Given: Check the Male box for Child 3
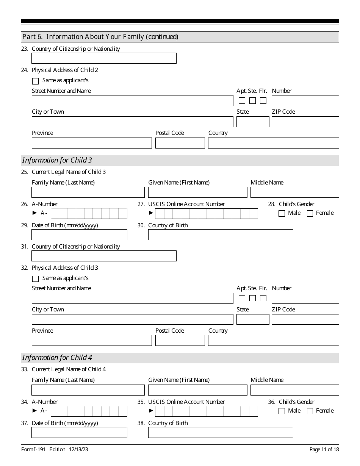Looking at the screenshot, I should tap(282, 213).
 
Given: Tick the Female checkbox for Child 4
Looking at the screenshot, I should tap(310, 411).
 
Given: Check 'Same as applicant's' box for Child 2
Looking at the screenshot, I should tap(36, 81).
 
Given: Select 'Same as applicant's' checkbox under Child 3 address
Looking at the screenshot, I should tap(36, 279).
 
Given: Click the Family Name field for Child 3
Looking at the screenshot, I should tap(88, 192).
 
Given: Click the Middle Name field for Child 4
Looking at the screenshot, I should tap(294, 390).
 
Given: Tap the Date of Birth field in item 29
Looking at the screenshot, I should tap(79, 235).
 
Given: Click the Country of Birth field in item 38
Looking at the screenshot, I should tap(221, 433).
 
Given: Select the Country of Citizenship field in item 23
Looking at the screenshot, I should tap(104, 58).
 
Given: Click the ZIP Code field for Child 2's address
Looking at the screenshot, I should tap(305, 122).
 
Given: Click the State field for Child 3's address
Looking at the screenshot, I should tap(253, 319).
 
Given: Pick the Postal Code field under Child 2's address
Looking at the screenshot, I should tap(180, 143).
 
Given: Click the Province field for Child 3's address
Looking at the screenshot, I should tap(92, 341).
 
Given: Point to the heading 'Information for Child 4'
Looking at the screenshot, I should tap(57, 358).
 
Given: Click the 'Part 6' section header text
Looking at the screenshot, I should tap(100, 37).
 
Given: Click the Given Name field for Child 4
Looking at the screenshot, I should tap(197, 390).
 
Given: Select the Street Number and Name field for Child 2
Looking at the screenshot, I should tap(132, 101).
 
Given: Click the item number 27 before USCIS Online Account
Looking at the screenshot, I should tap(141, 204).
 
